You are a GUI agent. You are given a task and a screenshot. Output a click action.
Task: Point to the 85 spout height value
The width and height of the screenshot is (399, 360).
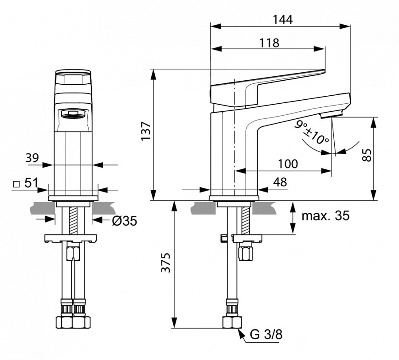(x=366, y=155)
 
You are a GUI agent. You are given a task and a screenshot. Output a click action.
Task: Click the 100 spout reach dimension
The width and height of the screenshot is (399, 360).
(x=288, y=164)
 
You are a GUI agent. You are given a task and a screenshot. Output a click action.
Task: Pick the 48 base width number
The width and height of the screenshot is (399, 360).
(x=280, y=182)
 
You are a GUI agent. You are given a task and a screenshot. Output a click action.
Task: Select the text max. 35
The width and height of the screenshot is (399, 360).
(x=325, y=216)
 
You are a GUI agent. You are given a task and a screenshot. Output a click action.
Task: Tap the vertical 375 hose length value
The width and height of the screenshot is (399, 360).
(x=165, y=264)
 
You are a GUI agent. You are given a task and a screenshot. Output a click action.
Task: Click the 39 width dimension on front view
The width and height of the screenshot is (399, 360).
(x=32, y=157)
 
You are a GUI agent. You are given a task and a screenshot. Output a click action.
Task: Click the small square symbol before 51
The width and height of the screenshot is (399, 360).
(x=16, y=184)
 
